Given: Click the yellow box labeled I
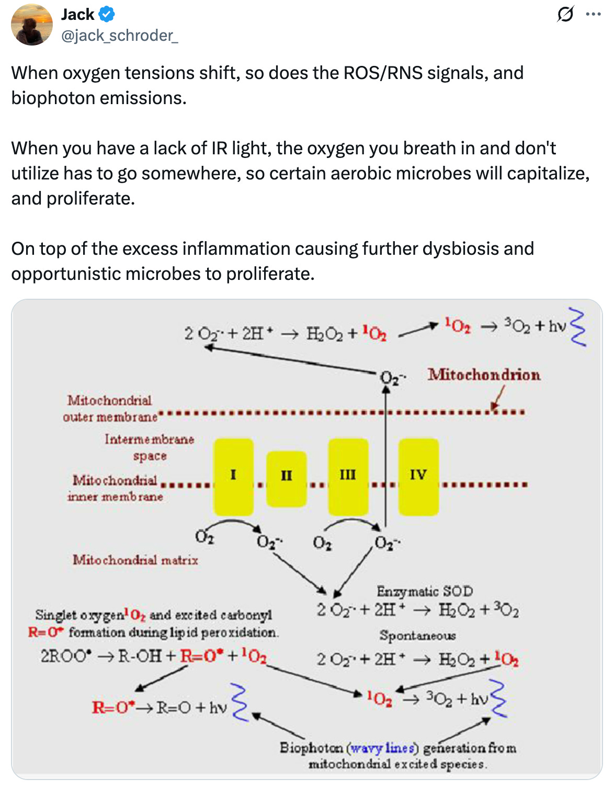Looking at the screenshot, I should pos(233,477).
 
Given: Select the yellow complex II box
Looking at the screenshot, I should pos(286,478).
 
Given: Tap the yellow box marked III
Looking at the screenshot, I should pos(348,477).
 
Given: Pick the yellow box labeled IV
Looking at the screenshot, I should pos(418,477).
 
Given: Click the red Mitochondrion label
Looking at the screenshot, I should pos(484,375).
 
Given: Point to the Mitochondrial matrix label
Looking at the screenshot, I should pos(135,560).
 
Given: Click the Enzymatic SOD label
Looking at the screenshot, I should pos(425,591).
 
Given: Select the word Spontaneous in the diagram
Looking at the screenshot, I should pos(417,635).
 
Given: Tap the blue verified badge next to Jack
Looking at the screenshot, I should pos(107,14).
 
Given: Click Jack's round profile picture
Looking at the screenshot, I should pos(32,25).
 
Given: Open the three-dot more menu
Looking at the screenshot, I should pos(593,14).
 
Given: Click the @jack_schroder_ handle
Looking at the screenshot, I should pos(120,35).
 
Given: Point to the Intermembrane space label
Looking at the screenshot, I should pos(150,447).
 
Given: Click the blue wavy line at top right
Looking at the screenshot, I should pos(578,327).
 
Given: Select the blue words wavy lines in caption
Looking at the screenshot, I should pos(384,748).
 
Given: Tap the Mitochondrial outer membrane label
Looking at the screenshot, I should pos(110,408).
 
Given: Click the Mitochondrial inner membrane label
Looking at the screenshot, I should pos(115,488).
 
